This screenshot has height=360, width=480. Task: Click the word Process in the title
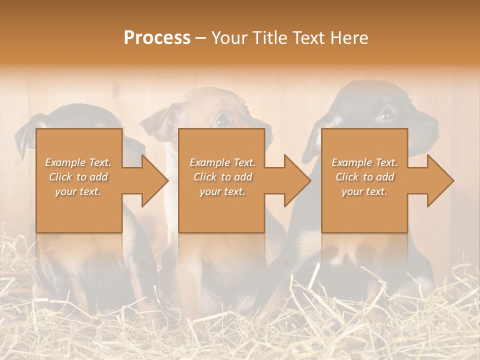coord(157,37)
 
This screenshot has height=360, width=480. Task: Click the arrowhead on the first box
coord(154,180)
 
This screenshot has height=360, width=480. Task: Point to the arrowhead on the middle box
coord(297,180)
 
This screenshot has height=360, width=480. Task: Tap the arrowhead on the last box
coord(440,180)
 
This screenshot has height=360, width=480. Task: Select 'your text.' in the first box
coord(78,191)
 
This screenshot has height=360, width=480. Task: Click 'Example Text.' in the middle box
coord(222,162)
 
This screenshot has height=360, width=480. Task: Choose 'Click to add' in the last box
coord(364,177)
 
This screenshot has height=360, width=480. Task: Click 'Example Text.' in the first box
coord(78,162)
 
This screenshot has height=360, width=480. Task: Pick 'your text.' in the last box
coord(364,191)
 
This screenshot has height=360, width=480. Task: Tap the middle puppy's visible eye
coord(222,120)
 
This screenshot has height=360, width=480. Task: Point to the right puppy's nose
coord(431,121)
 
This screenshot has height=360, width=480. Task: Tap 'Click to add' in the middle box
coord(222,177)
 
